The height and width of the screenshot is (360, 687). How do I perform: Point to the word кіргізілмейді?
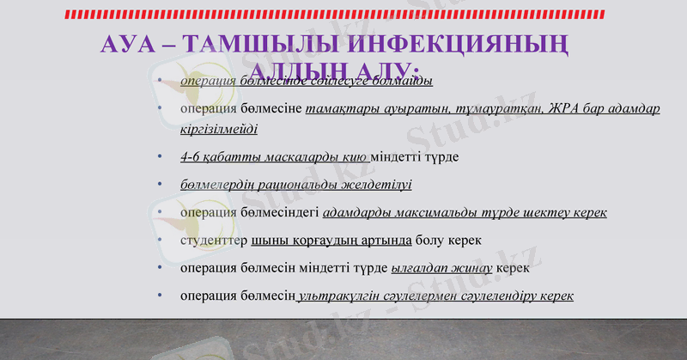218,129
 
